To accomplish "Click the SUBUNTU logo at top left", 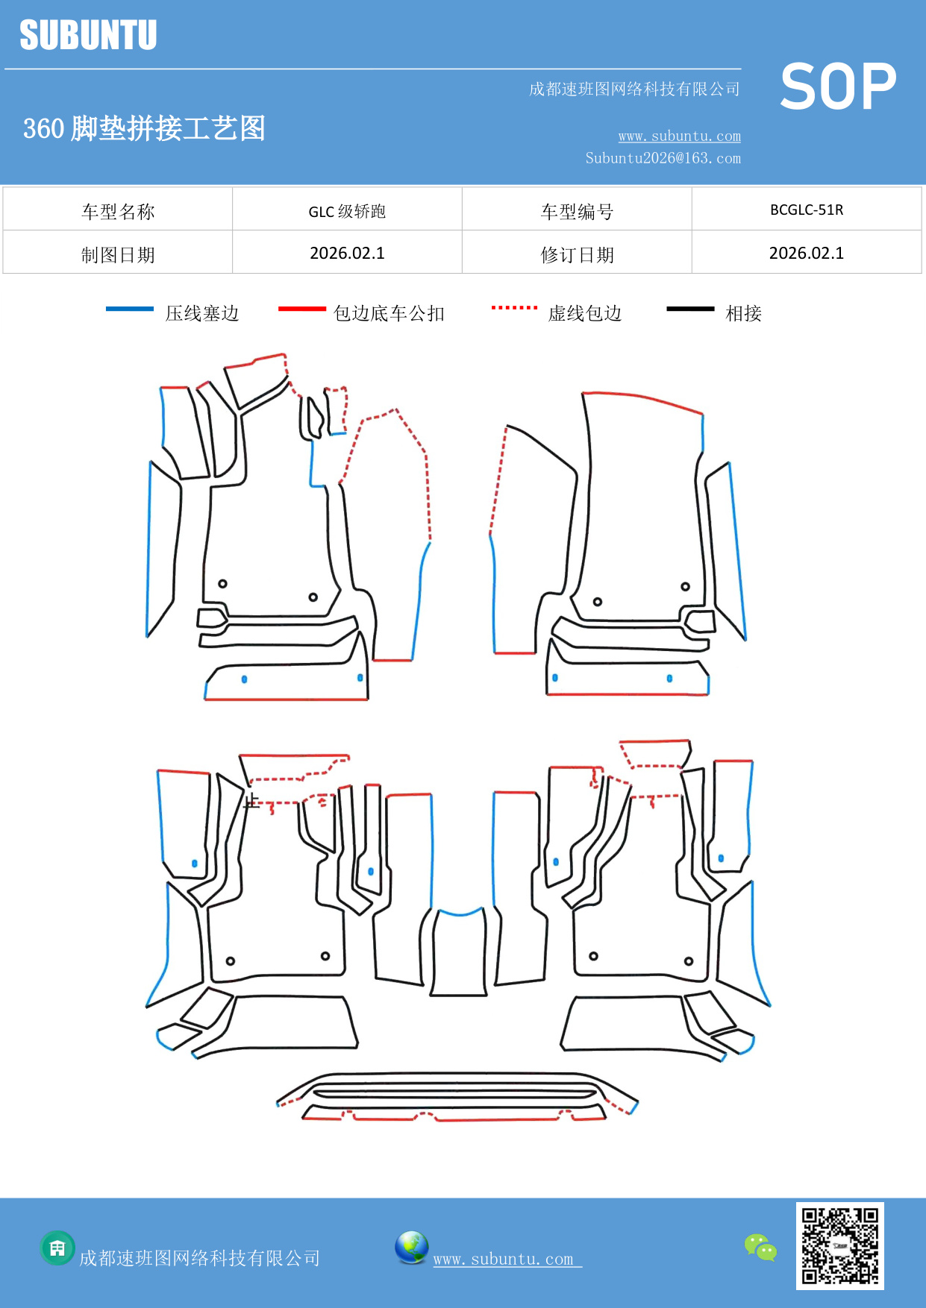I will [x=88, y=35].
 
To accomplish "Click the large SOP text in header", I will [x=837, y=87].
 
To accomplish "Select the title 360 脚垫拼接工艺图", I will [x=144, y=128].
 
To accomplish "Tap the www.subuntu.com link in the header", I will [x=679, y=136].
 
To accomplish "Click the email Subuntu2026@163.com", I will [x=663, y=158].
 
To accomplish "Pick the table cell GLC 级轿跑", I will [x=347, y=211].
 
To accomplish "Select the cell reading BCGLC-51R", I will [x=806, y=210].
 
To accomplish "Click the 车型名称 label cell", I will [x=118, y=212].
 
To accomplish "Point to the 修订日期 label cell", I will [x=577, y=255].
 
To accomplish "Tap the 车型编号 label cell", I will [x=577, y=212].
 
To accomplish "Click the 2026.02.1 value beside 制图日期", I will [x=347, y=254].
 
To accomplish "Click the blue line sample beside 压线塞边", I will [x=129, y=309].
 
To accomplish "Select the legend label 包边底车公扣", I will [x=388, y=313].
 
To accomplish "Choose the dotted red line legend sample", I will [x=514, y=307].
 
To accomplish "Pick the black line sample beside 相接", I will [x=690, y=309].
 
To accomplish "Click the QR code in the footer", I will [x=839, y=1245].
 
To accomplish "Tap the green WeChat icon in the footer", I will [x=760, y=1247].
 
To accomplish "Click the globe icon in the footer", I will [x=411, y=1248].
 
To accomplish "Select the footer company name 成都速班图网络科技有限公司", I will [x=199, y=1258].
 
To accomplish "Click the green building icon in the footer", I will [x=57, y=1248].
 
